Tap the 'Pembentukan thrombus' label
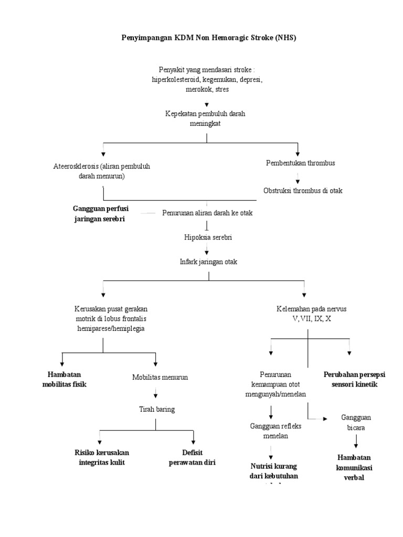coord(300,163)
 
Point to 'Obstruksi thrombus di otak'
coord(303,190)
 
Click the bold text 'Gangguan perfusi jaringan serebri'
coord(101,213)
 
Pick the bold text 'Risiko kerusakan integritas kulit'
coord(102,457)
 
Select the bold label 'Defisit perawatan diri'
coord(192,457)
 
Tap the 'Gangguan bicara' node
coord(356,422)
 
